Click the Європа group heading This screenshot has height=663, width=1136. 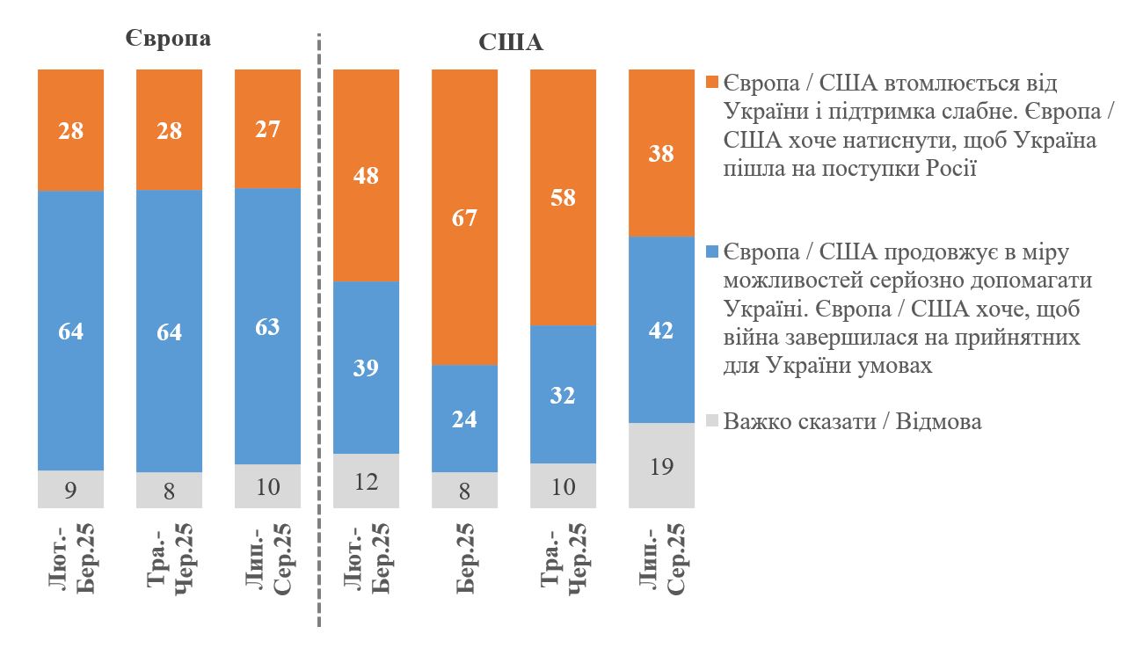click(x=166, y=40)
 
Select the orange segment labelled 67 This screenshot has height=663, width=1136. click(x=464, y=217)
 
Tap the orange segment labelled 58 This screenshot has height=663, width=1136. click(x=563, y=197)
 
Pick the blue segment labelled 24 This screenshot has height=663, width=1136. click(x=464, y=419)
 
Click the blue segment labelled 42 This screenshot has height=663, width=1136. click(x=661, y=330)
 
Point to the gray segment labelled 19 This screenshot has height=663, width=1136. click(x=661, y=465)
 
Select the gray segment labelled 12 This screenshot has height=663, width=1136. click(x=366, y=480)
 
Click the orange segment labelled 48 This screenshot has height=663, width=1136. click(x=366, y=175)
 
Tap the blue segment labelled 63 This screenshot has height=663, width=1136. click(x=267, y=326)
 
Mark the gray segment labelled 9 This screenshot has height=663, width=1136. click(x=70, y=489)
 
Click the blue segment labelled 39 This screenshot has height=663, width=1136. click(x=366, y=368)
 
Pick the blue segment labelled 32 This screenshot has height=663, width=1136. click(x=563, y=395)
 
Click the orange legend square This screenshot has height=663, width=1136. click(x=712, y=84)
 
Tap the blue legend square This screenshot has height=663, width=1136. click(x=712, y=252)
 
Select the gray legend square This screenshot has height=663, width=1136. click(x=712, y=421)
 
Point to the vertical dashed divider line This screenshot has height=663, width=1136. click(x=318, y=334)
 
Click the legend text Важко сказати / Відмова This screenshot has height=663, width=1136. click(x=852, y=421)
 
